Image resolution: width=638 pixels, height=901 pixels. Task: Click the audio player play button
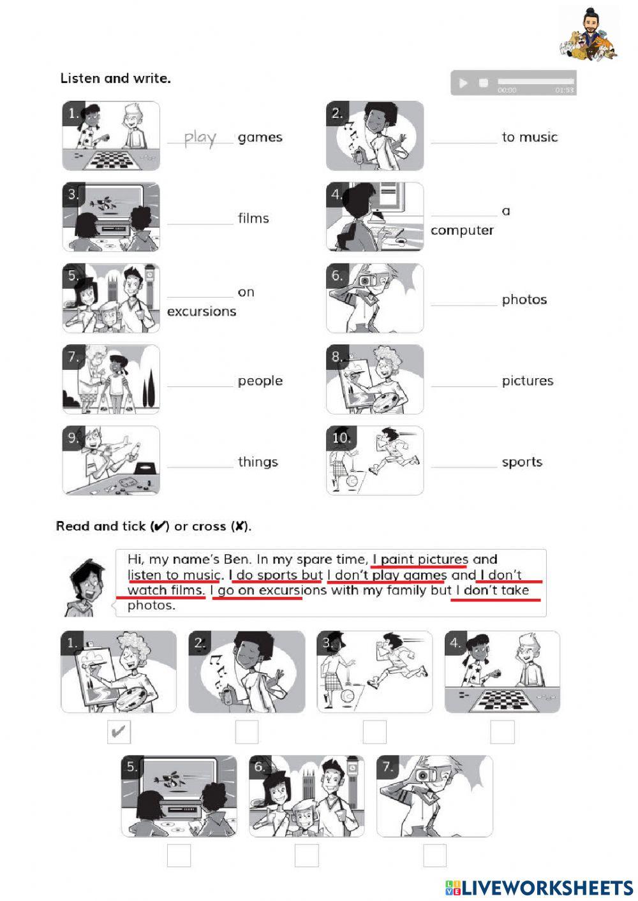click(x=463, y=83)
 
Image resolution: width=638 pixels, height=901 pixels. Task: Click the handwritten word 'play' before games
click(x=200, y=138)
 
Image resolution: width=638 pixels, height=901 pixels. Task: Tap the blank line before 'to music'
click(x=464, y=138)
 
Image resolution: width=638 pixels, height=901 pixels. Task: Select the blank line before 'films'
click(x=200, y=219)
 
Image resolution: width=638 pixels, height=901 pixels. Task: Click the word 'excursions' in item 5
click(x=202, y=312)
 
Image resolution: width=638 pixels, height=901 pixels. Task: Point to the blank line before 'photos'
click(x=464, y=300)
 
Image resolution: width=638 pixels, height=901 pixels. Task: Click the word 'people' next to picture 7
click(x=260, y=381)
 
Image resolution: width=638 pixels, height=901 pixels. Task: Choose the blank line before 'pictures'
click(x=464, y=381)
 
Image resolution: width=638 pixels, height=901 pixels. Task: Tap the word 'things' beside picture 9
click(x=258, y=462)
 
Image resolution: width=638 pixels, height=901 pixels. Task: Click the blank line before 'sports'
click(x=464, y=462)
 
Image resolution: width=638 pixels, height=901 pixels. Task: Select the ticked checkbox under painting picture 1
click(x=119, y=732)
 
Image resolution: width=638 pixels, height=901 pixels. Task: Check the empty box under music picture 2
click(x=247, y=732)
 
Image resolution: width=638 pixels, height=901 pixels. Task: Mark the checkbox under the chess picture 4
click(x=502, y=732)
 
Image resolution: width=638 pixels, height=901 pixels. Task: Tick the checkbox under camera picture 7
click(x=434, y=856)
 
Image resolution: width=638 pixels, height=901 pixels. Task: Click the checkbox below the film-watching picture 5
click(x=179, y=856)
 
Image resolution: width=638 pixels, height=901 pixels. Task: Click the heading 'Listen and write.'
click(x=115, y=78)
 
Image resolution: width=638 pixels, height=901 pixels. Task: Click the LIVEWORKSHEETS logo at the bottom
click(x=539, y=888)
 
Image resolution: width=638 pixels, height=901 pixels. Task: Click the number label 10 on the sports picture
click(x=341, y=437)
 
